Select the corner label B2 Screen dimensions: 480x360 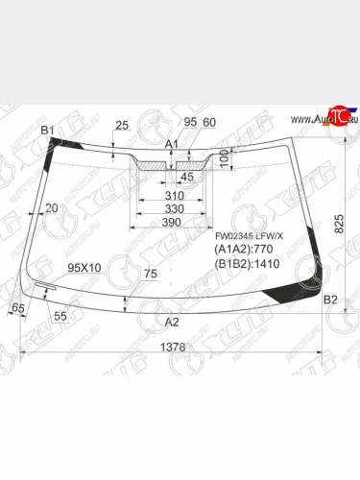click(329, 300)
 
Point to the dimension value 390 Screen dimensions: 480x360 click(173, 222)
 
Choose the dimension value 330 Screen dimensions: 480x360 click(173, 208)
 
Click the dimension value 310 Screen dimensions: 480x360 click(173, 195)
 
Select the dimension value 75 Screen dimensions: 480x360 click(149, 274)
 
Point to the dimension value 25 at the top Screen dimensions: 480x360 click(121, 125)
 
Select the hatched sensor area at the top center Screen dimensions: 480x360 click(156, 165)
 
